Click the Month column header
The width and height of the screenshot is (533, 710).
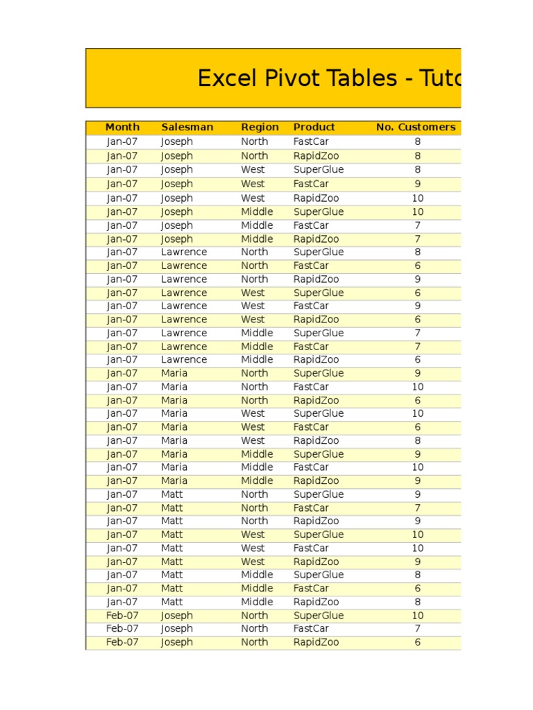(122, 128)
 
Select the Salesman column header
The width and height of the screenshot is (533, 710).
(187, 128)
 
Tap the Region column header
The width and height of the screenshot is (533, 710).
(260, 128)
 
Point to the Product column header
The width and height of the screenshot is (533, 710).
(314, 128)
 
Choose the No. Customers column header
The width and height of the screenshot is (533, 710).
(416, 128)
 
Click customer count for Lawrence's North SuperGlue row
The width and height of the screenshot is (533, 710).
(418, 252)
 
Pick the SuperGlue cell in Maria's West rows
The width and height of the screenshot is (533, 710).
(319, 414)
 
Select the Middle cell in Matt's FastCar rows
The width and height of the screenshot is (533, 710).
(257, 589)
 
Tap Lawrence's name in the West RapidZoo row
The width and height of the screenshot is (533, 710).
(184, 320)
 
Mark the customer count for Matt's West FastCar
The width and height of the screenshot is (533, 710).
(418, 548)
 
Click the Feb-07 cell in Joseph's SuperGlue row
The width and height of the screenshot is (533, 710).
(122, 616)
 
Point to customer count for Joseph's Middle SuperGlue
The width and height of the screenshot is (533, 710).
(418, 212)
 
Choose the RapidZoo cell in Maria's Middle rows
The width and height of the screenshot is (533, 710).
(316, 481)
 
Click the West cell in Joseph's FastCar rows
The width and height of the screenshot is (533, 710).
(253, 184)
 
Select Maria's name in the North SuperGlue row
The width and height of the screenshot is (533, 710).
(174, 374)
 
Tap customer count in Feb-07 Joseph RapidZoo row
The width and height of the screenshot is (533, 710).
(418, 643)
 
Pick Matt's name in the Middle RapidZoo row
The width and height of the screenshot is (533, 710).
(172, 603)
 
